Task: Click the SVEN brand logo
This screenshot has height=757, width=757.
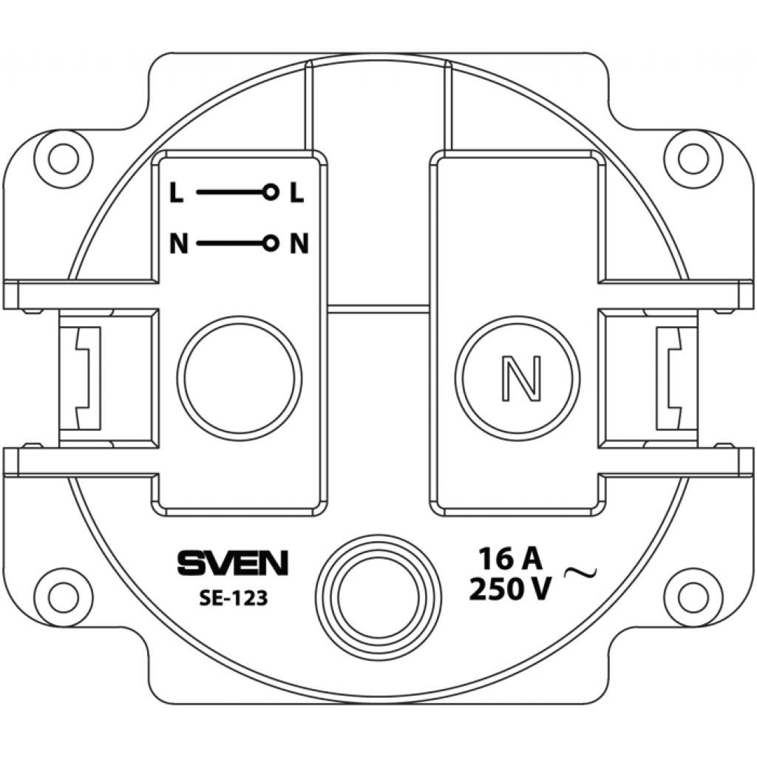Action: [x=232, y=563]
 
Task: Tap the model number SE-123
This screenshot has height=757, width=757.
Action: [x=233, y=599]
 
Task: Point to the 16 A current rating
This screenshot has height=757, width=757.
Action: [x=510, y=560]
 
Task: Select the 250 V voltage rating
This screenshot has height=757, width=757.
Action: [x=510, y=588]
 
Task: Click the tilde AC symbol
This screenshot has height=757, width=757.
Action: [x=581, y=573]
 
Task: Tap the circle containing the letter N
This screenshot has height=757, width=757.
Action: [x=517, y=378]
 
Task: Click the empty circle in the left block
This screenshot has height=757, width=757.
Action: [x=239, y=378]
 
